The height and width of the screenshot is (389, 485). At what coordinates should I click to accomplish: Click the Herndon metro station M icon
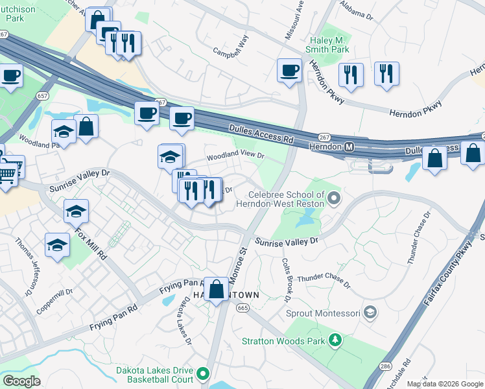point(349,148)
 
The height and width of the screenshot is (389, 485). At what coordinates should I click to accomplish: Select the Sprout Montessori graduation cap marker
point(370,313)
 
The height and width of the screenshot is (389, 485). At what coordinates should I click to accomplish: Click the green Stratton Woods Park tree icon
point(335,340)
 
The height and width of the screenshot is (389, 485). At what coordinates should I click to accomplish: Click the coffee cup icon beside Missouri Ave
point(290,70)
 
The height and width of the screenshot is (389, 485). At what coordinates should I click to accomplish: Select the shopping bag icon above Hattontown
point(217,288)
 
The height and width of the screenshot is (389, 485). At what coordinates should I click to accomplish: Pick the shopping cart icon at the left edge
point(6,172)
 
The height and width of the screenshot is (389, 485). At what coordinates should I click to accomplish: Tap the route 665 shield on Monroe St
point(242,308)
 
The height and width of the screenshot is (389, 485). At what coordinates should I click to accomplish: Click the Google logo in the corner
point(21,381)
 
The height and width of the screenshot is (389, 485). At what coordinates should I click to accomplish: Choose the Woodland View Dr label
point(236,156)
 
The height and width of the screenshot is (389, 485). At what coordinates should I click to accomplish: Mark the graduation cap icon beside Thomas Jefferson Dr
point(57,245)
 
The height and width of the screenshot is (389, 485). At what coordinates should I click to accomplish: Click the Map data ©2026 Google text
point(444,384)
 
